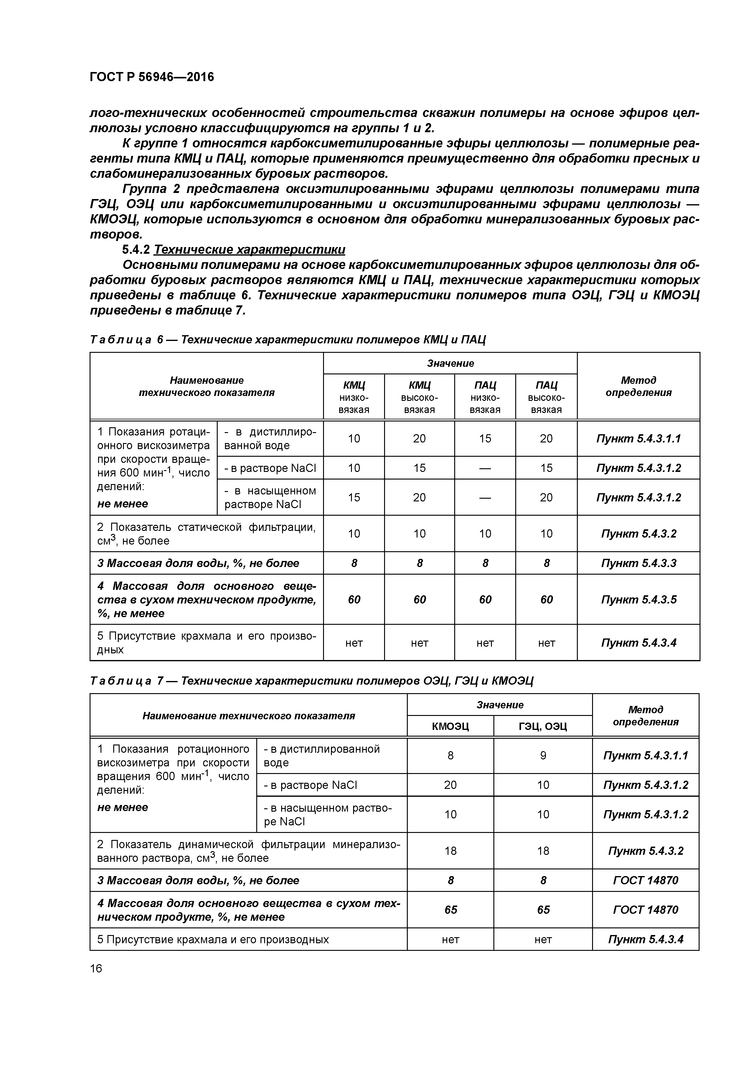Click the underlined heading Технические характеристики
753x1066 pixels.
click(249, 250)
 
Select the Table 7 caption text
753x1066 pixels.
click(311, 681)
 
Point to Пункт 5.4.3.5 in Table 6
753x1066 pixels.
click(639, 599)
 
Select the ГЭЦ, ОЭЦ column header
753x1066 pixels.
click(543, 726)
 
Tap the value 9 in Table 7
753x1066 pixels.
click(543, 756)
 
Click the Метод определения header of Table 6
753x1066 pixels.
click(639, 386)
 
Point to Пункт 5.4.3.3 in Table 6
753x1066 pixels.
click(639, 563)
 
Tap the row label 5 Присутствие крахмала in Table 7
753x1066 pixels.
click(213, 939)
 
